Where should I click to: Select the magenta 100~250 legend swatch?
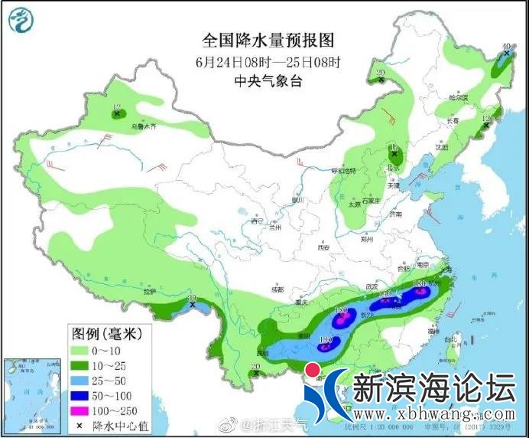(80, 410)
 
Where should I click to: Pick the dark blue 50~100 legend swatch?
(80, 396)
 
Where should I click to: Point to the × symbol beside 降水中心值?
(80, 425)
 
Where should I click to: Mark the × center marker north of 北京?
(394, 154)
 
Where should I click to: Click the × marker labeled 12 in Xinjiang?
(117, 115)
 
